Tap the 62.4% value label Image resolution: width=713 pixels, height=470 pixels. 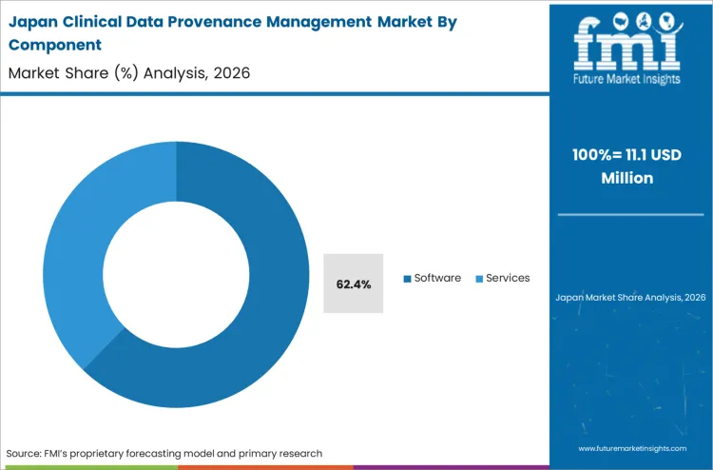coord(354,284)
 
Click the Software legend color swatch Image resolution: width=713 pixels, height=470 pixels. coord(408,279)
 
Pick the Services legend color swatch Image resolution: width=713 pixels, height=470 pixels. coord(479,279)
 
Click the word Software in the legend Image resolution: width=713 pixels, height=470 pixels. coord(437,278)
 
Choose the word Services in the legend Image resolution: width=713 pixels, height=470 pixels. coord(508,278)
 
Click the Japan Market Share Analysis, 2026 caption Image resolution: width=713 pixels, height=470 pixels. coord(630,298)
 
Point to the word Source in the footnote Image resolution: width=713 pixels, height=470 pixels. coord(27,453)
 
